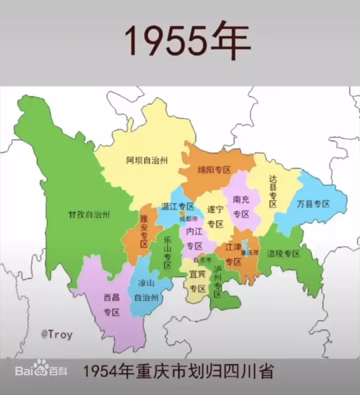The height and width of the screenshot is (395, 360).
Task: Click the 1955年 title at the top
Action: tap(187, 41)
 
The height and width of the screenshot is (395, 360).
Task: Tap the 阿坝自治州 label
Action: tap(147, 160)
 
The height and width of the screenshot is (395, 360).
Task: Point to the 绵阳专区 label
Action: tap(214, 170)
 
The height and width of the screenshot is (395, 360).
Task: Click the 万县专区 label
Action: tap(313, 204)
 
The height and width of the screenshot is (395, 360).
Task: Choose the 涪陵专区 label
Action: tap(283, 254)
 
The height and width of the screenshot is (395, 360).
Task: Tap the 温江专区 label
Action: tap(177, 207)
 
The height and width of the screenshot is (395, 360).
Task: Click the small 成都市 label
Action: tap(188, 219)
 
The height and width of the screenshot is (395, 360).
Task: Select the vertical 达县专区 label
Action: tap(273, 191)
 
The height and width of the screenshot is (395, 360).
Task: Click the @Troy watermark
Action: tap(56, 334)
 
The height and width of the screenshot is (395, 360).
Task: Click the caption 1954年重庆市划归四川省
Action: tap(178, 371)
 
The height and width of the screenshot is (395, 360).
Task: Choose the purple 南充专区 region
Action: tap(241, 207)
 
